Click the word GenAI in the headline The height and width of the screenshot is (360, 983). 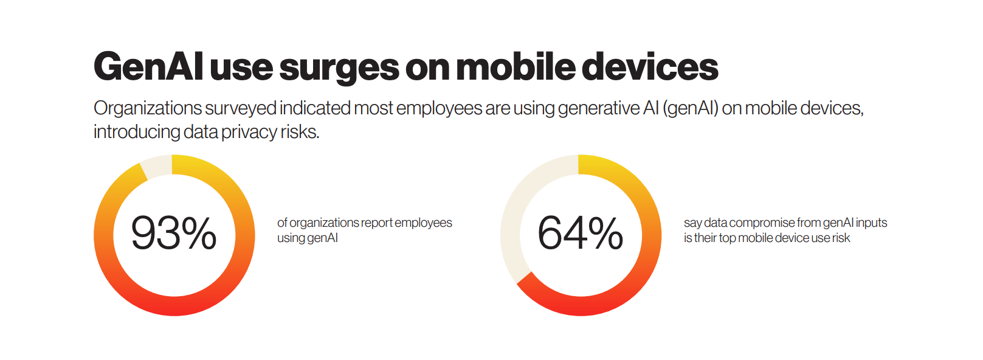click(x=148, y=66)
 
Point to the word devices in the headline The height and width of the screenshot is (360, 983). click(x=650, y=66)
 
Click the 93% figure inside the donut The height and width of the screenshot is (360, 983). click(x=174, y=234)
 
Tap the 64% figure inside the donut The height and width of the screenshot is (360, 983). click(x=580, y=234)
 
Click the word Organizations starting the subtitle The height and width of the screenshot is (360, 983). click(x=147, y=108)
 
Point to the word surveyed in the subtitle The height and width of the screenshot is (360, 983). click(x=240, y=108)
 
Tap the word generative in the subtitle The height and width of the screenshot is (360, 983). click(x=598, y=108)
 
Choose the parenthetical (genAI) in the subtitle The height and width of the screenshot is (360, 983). click(x=690, y=108)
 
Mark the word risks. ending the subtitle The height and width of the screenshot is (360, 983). click(x=300, y=132)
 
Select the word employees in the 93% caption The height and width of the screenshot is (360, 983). click(x=423, y=223)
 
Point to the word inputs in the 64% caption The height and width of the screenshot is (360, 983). click(x=871, y=223)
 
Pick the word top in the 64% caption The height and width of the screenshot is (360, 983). click(x=727, y=238)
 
